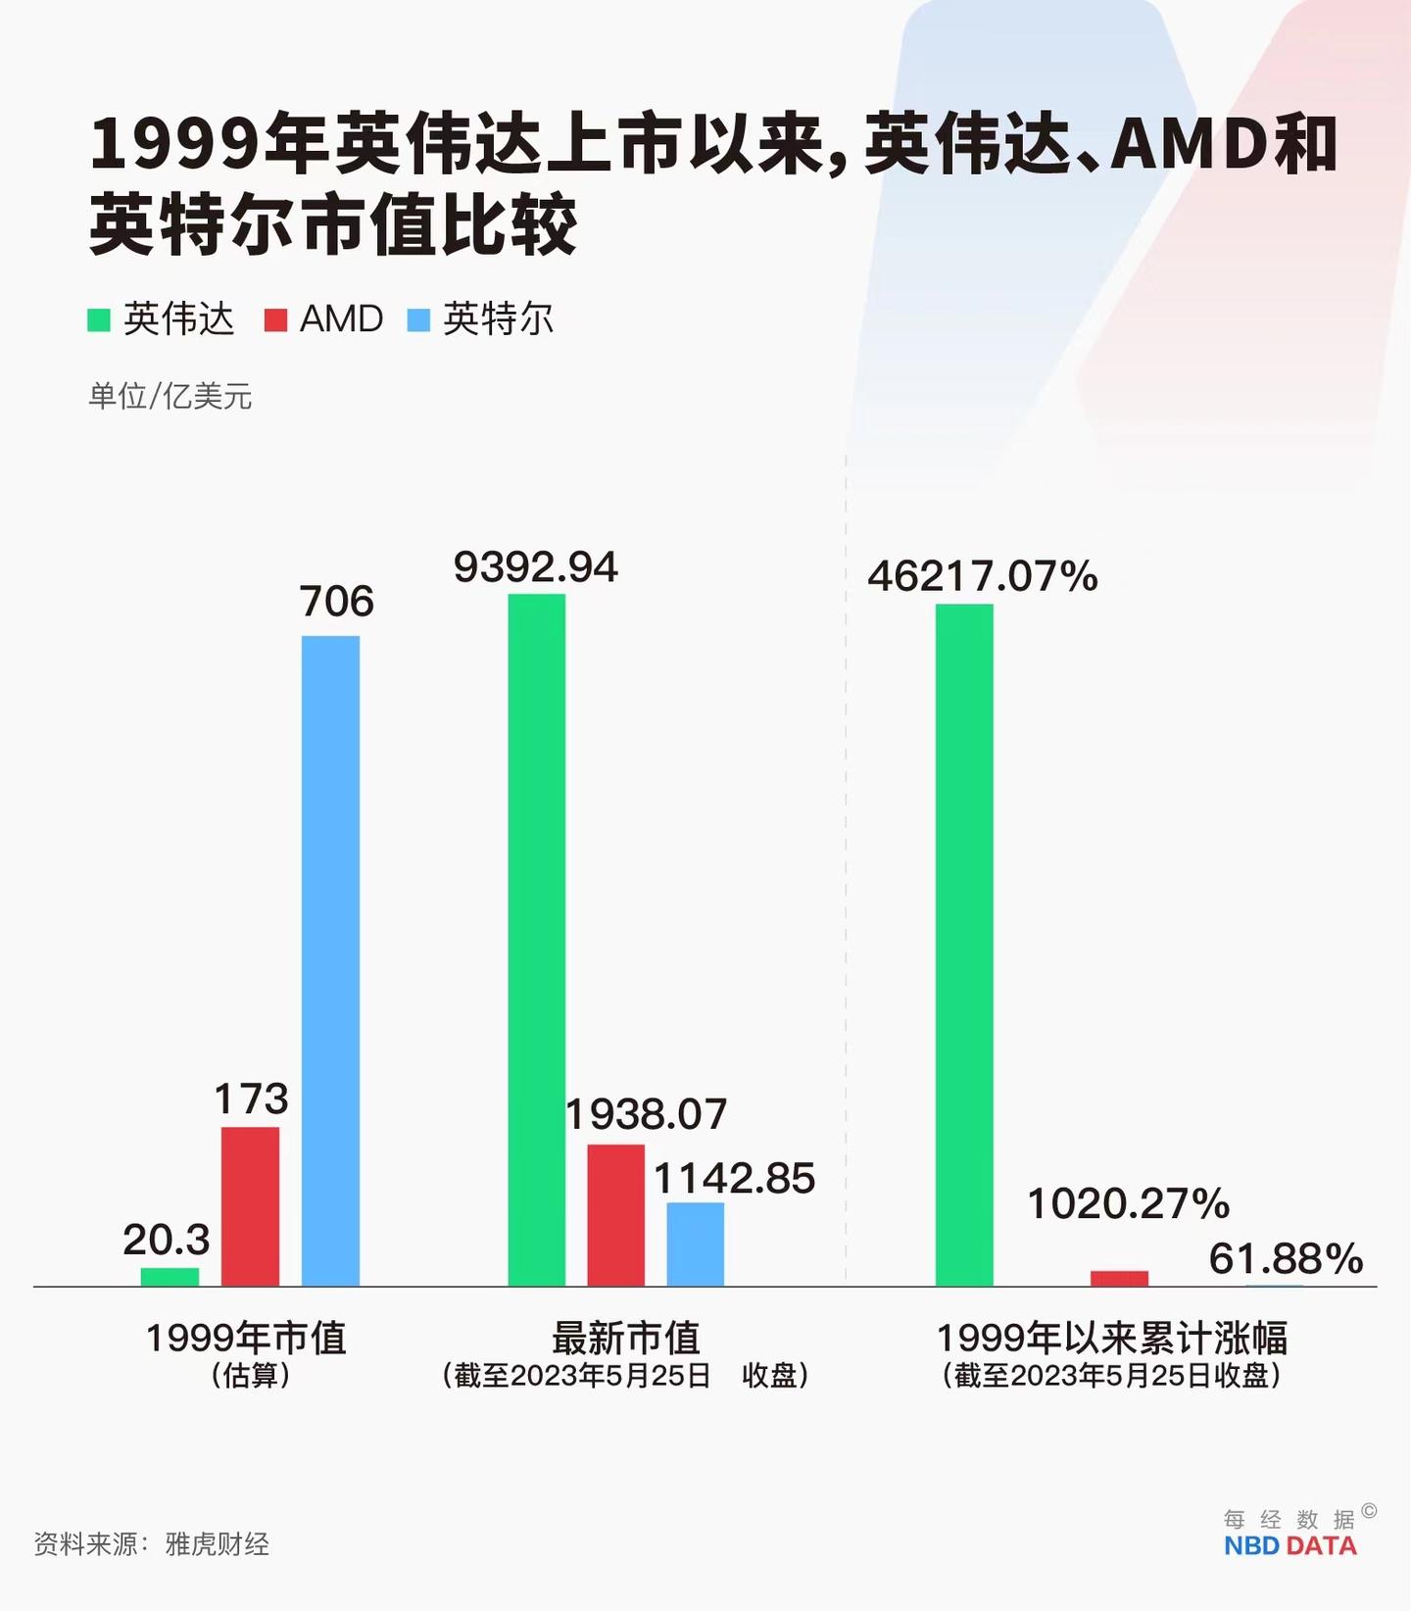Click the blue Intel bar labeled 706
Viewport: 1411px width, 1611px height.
point(330,960)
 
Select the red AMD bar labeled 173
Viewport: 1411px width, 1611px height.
point(250,1206)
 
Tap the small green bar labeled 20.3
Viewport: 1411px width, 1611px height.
point(170,1277)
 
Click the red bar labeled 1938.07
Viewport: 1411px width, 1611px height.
point(616,1214)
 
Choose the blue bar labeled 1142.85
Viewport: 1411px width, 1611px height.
point(696,1244)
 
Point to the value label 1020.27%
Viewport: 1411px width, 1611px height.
point(1128,1203)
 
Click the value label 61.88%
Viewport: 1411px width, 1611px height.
point(1286,1258)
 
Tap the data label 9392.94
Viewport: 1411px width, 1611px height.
point(536,567)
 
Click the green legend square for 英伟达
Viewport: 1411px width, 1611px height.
point(99,319)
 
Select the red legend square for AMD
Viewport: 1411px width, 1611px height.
point(275,319)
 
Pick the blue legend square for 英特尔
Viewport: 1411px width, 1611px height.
point(418,319)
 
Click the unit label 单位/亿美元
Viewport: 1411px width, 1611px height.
point(170,396)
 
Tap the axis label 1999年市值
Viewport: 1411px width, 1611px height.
point(246,1338)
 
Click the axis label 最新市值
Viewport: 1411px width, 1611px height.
point(626,1338)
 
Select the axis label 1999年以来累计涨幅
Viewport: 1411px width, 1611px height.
point(1112,1338)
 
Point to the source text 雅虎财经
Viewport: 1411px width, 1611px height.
point(217,1544)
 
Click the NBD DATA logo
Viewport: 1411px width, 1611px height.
point(1289,1545)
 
